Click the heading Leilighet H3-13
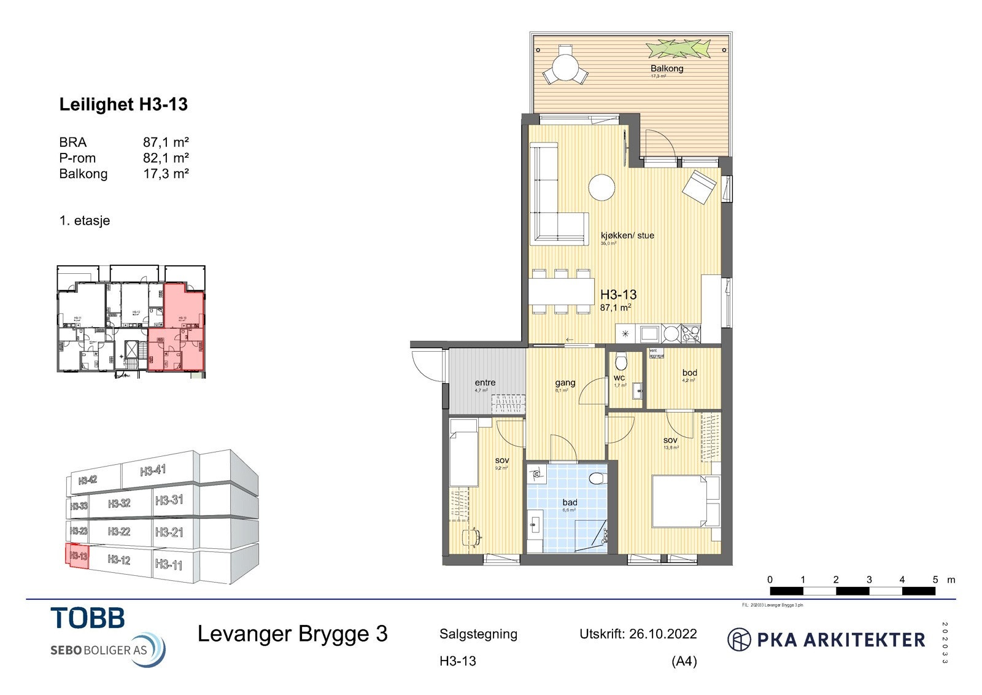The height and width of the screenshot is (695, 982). [123, 104]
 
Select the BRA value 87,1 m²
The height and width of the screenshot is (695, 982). [166, 142]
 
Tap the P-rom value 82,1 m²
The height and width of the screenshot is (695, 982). [166, 158]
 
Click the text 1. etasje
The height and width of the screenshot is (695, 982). [85, 220]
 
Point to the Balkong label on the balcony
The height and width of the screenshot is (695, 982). [667, 68]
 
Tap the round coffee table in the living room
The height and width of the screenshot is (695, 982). [601, 187]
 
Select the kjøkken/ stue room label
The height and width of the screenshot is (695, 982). [627, 235]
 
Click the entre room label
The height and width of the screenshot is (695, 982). [485, 382]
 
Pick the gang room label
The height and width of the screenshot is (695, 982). [565, 382]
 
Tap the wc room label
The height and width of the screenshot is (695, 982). [619, 378]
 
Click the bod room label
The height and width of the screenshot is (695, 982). [689, 373]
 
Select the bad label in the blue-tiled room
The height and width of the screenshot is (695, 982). [570, 502]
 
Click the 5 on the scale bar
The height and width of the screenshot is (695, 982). [935, 580]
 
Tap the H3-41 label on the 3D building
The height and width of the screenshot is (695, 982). [153, 471]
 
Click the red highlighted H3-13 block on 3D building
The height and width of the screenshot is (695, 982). [77, 556]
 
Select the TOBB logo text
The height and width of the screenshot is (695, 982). [88, 618]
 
